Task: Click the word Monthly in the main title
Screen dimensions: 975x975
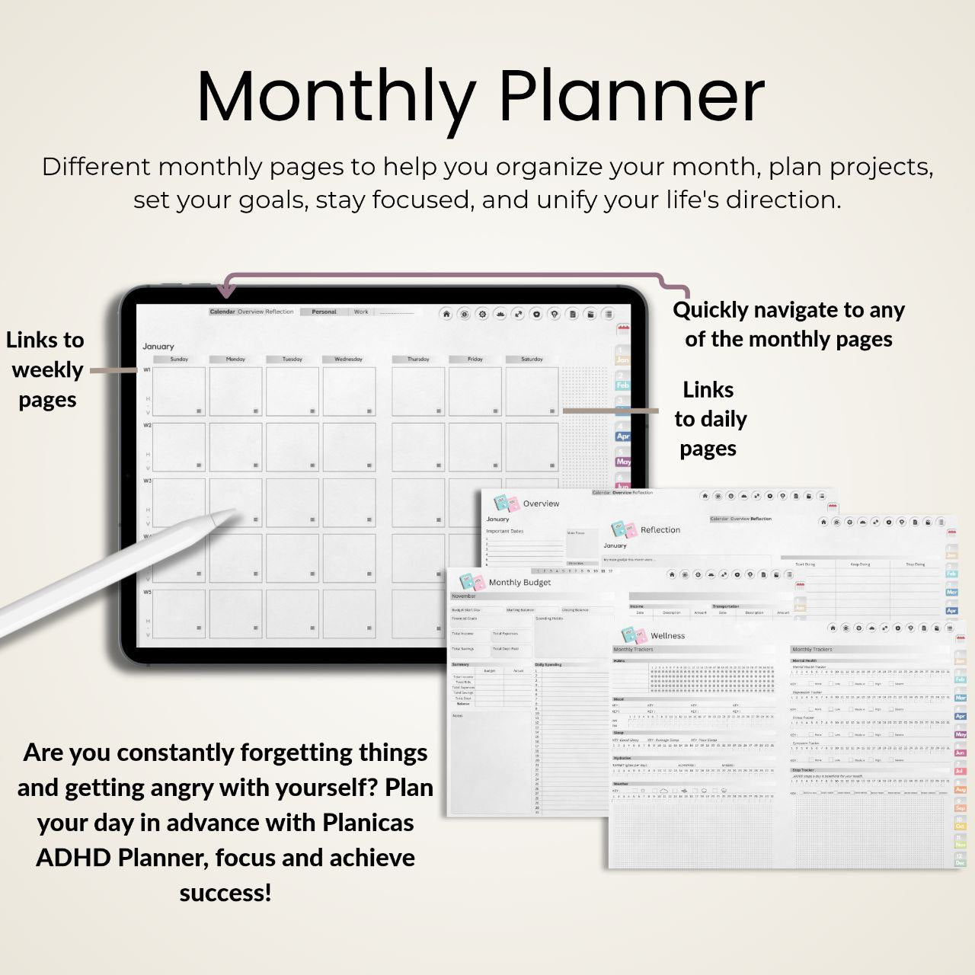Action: [336, 97]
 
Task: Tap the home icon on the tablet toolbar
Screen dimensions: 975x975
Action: [446, 314]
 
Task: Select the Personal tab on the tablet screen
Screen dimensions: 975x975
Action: [324, 312]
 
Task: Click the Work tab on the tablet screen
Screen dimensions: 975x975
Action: [360, 312]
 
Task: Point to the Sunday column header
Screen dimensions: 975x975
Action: [179, 359]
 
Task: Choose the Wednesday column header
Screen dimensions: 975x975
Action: [348, 359]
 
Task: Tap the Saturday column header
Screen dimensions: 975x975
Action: [532, 359]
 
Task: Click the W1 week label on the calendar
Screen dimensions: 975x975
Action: [147, 370]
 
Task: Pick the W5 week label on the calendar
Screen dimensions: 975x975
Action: [147, 592]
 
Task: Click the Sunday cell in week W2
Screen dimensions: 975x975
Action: [179, 447]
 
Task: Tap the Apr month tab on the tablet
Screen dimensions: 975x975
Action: [623, 436]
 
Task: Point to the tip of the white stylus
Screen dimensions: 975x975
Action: [234, 514]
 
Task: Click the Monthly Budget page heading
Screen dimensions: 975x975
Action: [519, 583]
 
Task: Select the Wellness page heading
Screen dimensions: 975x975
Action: [667, 636]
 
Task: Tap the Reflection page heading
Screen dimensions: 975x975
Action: [660, 530]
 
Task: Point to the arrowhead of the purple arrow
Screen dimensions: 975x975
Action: [225, 290]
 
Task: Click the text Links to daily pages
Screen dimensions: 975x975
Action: [709, 419]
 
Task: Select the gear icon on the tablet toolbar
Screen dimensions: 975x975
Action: [481, 314]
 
